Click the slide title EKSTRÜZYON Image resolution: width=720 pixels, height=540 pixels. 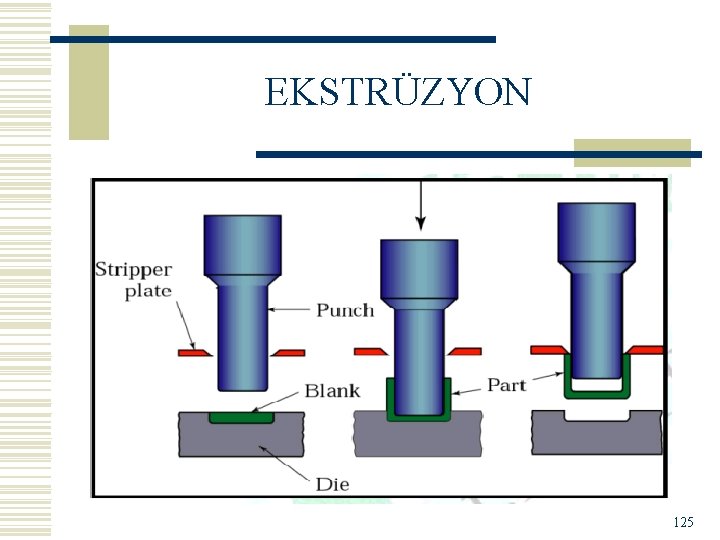click(398, 92)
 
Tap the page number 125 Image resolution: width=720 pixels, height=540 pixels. click(683, 522)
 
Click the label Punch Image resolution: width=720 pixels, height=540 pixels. click(345, 310)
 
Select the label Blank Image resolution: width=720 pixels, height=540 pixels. click(332, 390)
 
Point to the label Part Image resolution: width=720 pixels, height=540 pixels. click(506, 385)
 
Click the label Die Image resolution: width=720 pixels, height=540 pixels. click(332, 484)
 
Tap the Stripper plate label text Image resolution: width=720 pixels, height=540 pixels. click(134, 280)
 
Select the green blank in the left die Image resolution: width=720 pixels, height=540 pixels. click(241, 418)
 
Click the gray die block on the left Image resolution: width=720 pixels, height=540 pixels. click(240, 440)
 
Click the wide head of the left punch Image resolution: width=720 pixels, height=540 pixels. click(241, 245)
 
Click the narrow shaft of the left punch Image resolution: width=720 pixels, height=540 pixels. click(241, 335)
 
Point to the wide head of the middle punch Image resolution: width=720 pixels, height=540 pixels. click(418, 272)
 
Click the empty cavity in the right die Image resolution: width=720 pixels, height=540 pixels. click(596, 416)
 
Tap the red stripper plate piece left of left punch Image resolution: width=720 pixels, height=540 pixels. click(192, 352)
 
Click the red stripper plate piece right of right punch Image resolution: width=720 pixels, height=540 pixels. click(646, 349)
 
